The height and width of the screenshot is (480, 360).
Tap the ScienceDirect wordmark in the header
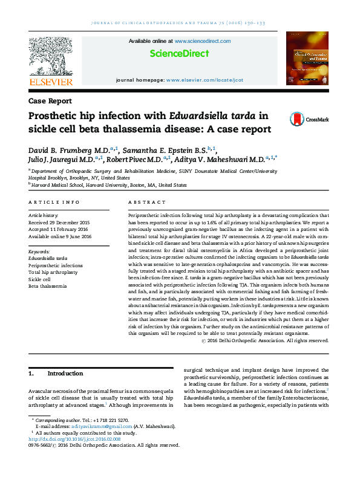(x=179, y=54)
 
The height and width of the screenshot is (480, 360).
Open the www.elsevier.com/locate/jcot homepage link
(x=205, y=80)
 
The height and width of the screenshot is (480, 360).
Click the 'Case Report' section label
(x=50, y=101)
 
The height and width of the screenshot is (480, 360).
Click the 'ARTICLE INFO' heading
(x=54, y=202)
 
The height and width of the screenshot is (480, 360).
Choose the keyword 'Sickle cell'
(x=40, y=280)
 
